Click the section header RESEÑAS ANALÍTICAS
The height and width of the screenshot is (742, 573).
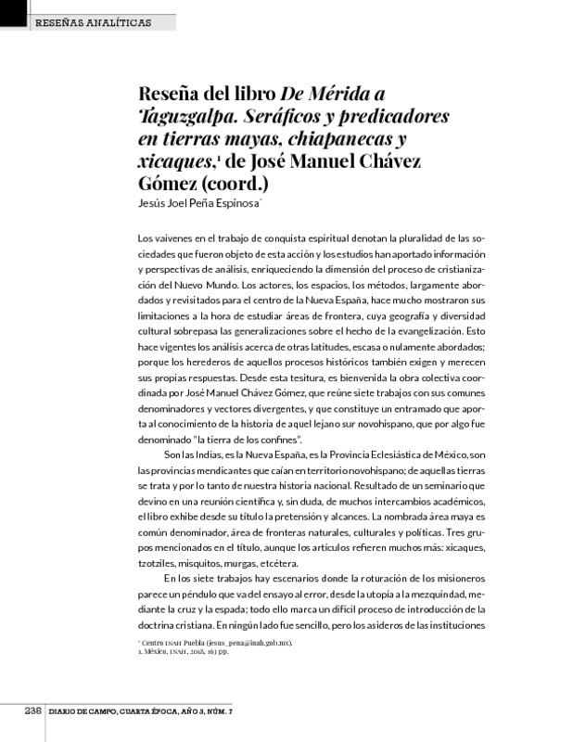pyautogui.click(x=92, y=21)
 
